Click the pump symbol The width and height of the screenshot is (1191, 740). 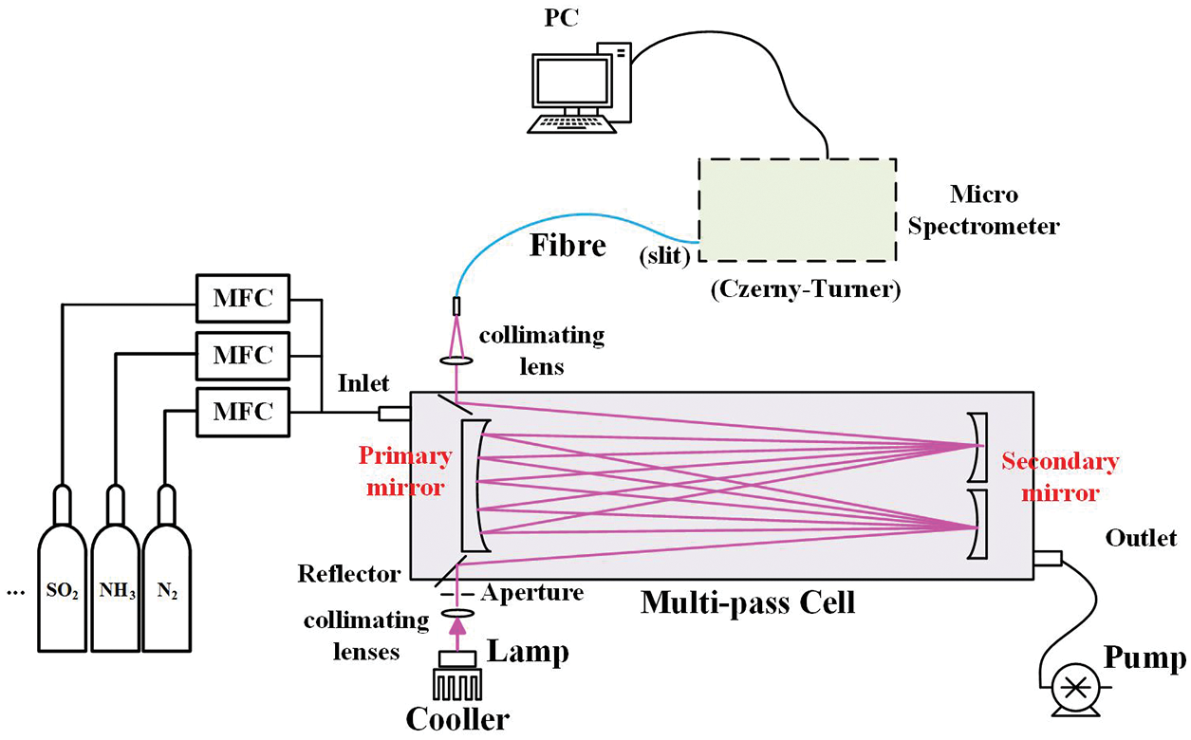[x=1074, y=689]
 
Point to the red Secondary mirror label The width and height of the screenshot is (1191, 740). [x=1060, y=477]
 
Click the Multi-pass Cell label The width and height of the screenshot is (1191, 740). [x=748, y=601]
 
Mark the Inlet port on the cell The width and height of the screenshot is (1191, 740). [x=394, y=414]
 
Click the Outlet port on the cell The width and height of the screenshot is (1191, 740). [x=1047, y=560]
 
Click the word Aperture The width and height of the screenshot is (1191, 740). [x=531, y=593]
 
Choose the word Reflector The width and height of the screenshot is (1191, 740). [x=349, y=573]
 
